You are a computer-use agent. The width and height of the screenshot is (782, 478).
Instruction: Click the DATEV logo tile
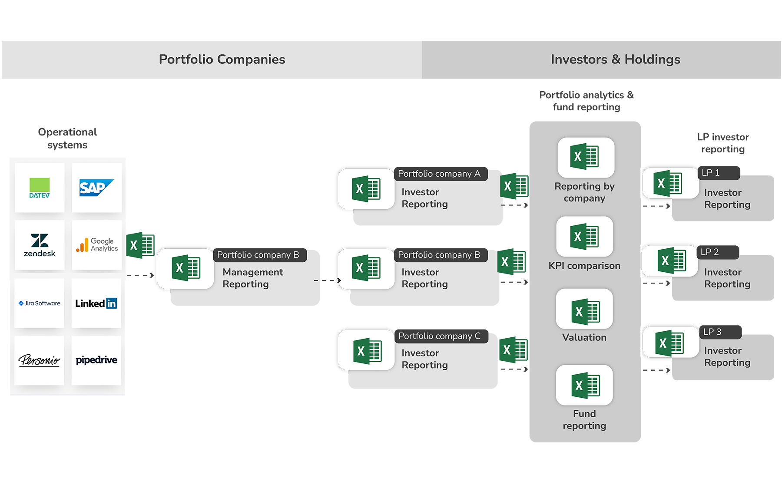coord(40,188)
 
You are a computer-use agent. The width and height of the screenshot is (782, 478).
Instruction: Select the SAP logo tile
coord(96,188)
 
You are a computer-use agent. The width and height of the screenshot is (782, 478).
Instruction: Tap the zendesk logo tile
coord(40,245)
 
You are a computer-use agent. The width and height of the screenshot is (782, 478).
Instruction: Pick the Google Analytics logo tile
coord(96,245)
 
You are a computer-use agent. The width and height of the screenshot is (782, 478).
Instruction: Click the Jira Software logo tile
coord(40,303)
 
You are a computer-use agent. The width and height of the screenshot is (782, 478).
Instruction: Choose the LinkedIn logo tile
coord(96,303)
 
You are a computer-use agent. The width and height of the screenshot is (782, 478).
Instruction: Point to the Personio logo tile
coord(40,360)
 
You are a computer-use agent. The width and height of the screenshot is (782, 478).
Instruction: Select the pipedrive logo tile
coord(96,360)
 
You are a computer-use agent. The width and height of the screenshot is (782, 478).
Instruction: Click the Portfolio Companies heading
coord(222,59)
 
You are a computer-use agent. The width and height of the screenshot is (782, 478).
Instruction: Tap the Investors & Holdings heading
coord(615,59)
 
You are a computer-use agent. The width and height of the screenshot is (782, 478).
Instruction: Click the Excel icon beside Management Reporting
coord(186,268)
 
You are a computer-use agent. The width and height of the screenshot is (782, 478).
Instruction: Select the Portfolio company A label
coord(439,174)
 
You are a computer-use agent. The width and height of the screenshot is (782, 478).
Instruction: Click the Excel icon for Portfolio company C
coord(367,350)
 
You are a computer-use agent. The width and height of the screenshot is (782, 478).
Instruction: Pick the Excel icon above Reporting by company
coord(586,157)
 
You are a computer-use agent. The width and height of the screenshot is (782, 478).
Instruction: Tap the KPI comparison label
coord(584,266)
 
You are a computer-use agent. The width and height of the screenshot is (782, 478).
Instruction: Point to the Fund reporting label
coord(584,419)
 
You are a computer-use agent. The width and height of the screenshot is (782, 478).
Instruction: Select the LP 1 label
coord(711,173)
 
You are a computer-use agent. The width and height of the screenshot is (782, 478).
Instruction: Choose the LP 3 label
coord(712,332)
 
